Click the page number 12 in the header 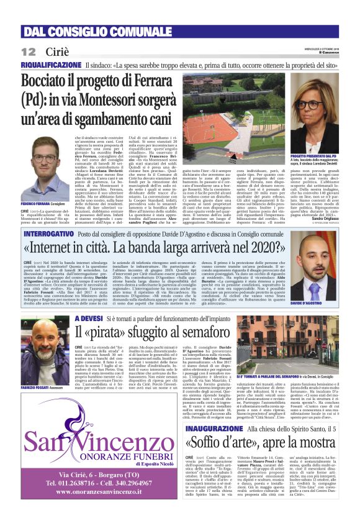pyautogui.click(x=28, y=51)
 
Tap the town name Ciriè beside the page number pyautogui.click(x=56, y=51)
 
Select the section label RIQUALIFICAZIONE pyautogui.click(x=52, y=65)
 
